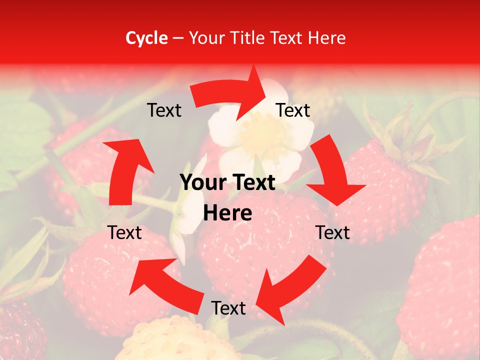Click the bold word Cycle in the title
click(146, 38)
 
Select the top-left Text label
click(164, 110)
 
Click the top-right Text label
click(293, 110)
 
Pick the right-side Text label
click(332, 232)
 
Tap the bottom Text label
click(228, 308)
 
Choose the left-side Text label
click(124, 232)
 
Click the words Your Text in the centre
click(227, 183)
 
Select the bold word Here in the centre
click(227, 213)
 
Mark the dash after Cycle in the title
click(177, 38)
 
